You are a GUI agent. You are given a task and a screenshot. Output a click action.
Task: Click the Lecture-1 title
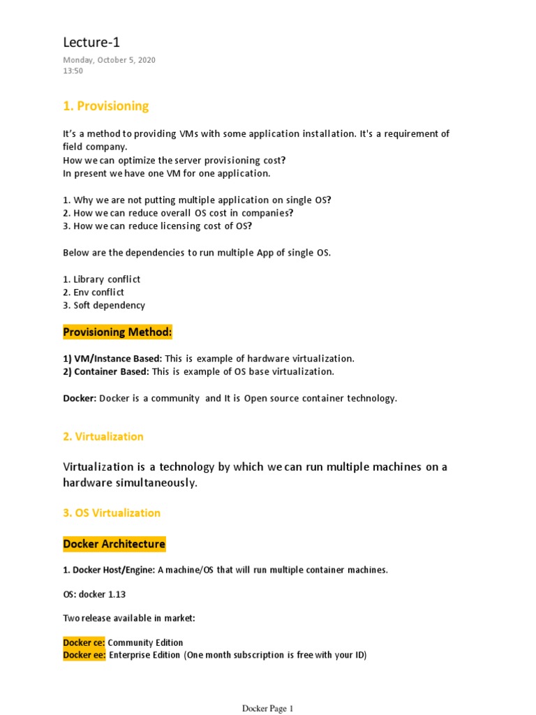coord(87,43)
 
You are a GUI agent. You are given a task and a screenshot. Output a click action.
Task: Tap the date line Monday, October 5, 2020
coord(109,60)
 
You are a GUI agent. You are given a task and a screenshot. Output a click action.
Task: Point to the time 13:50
coord(73,71)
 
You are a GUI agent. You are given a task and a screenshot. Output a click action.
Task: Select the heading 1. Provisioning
coord(106,106)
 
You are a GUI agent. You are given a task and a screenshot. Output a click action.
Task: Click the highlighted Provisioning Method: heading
coord(117,332)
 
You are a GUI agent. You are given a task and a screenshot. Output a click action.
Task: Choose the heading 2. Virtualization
coord(103,436)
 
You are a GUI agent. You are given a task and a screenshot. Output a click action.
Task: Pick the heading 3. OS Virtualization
coord(112,513)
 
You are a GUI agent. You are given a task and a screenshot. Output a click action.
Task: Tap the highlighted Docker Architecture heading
coord(114,544)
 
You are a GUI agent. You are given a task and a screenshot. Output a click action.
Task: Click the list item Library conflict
coord(107,279)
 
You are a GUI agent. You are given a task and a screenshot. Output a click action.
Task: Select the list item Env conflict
coord(98,293)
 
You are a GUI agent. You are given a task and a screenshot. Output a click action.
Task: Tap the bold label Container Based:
coord(106,371)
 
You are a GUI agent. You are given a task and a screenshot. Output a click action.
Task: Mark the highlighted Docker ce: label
coord(84,642)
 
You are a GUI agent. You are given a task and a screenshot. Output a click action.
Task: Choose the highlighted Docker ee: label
coord(84,655)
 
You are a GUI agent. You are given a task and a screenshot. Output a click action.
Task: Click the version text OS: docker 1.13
coord(94,594)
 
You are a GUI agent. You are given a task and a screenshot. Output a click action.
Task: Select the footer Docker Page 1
coord(268,709)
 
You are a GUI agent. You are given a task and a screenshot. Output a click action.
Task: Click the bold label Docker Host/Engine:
coord(109,570)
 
